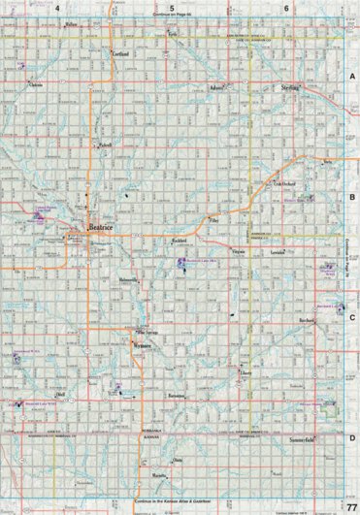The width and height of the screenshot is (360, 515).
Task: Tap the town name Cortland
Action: click(121, 54)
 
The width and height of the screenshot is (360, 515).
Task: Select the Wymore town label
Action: click(143, 345)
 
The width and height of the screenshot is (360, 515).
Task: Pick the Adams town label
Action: click(216, 87)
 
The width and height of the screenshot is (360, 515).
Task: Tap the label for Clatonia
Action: click(37, 85)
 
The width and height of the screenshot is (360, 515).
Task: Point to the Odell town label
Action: click(60, 396)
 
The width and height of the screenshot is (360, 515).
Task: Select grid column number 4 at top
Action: click(58, 8)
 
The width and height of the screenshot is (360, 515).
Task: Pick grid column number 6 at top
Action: click(286, 8)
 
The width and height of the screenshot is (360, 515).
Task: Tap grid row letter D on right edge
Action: click(351, 438)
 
